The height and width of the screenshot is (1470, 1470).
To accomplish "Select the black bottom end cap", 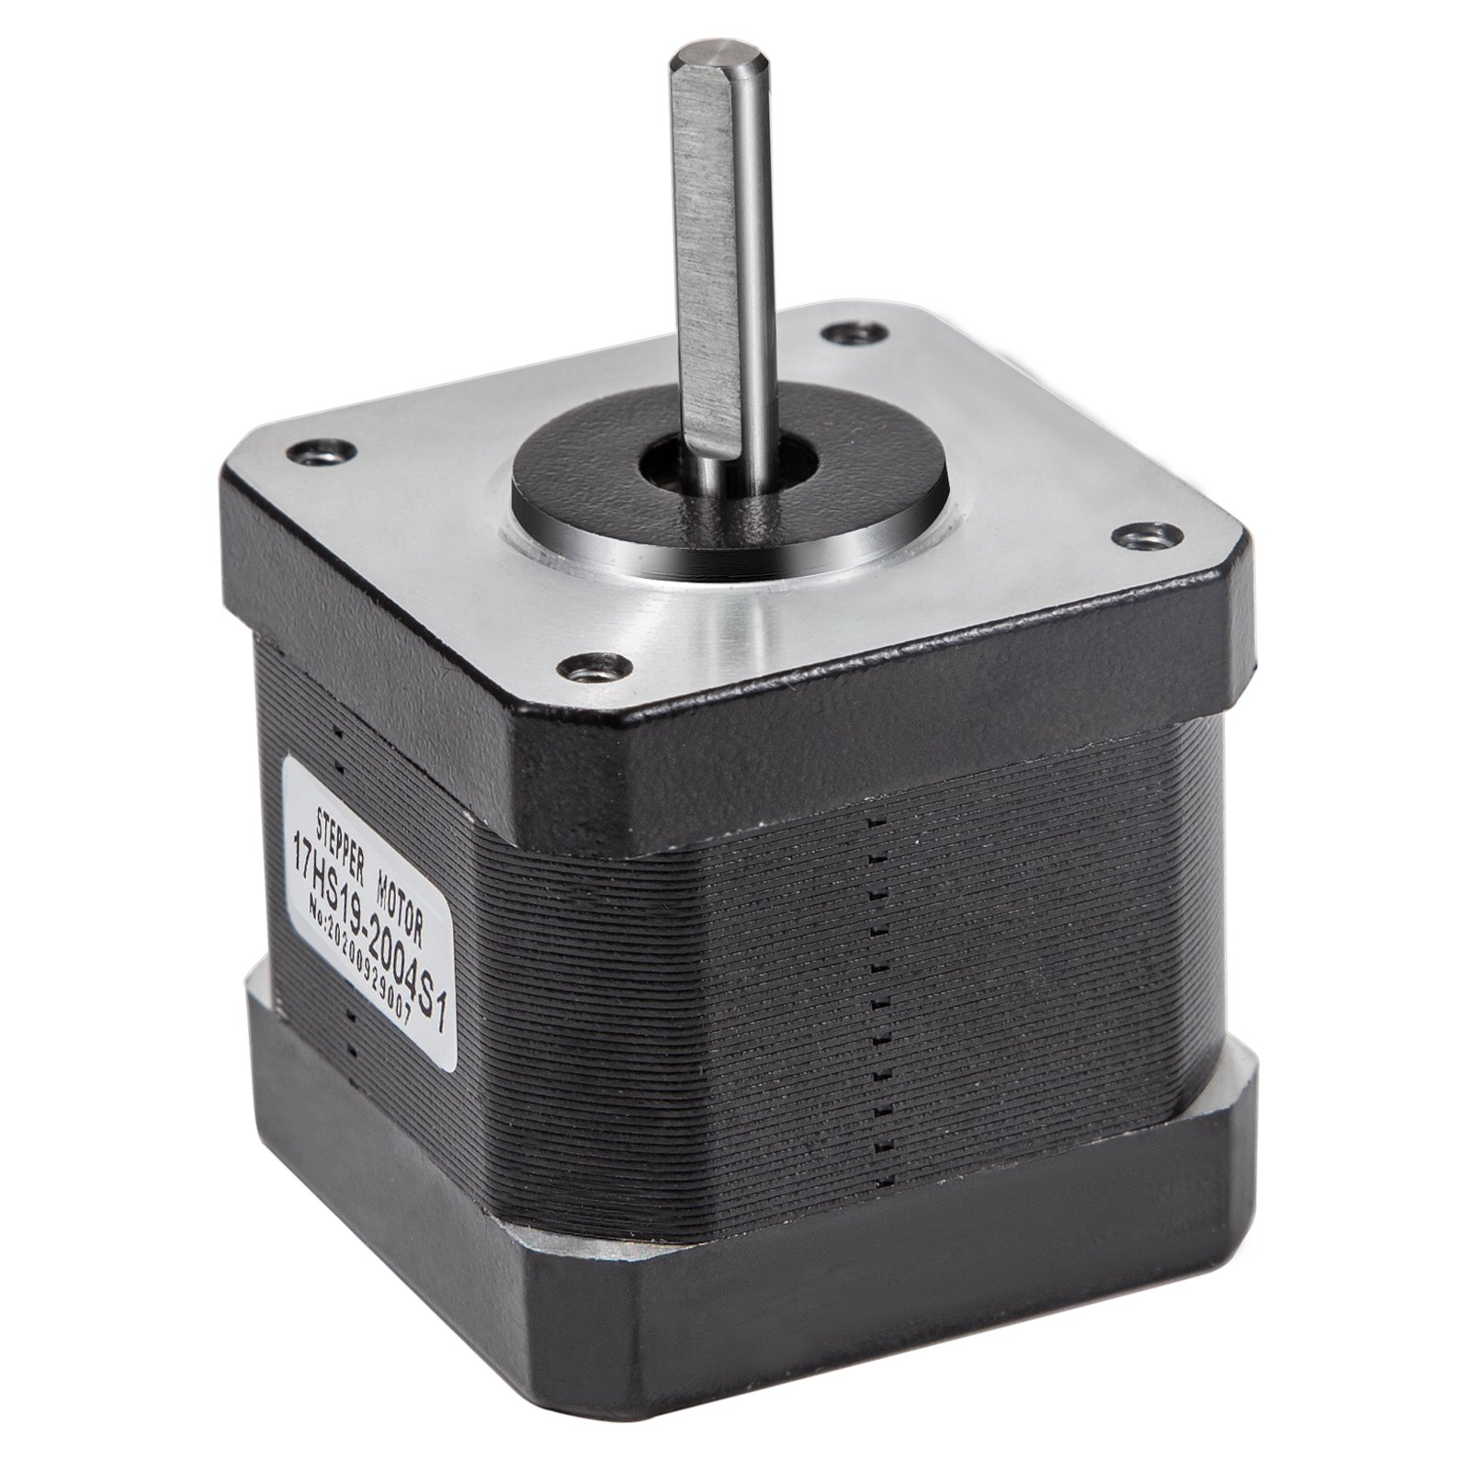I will [x=827, y=1286].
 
